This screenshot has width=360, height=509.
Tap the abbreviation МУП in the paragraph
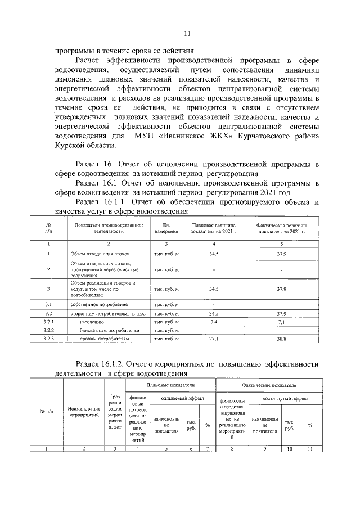click(x=143, y=137)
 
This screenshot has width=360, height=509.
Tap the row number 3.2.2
click(x=48, y=331)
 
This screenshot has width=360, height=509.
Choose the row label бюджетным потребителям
click(x=103, y=331)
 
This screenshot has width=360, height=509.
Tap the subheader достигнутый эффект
click(x=285, y=398)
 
